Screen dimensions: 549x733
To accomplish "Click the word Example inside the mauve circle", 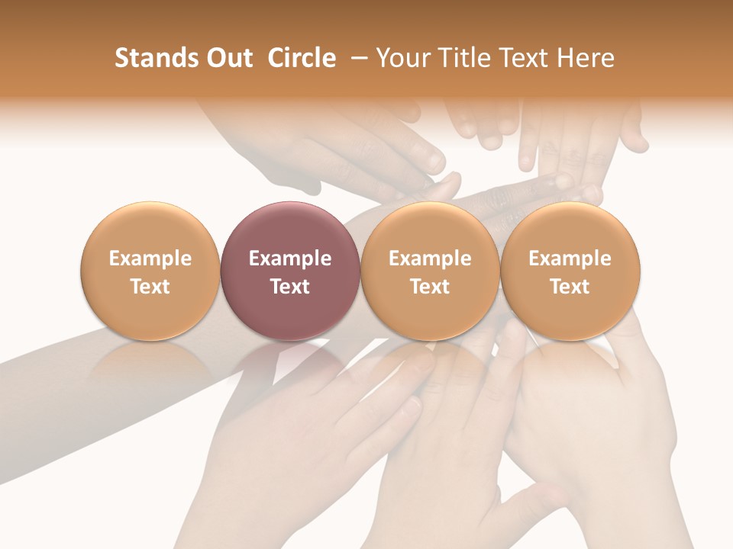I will tap(290, 258).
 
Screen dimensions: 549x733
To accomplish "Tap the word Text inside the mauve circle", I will tap(290, 287).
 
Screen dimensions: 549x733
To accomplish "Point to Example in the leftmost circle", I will tap(150, 258).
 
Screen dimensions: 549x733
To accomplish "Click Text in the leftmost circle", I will tap(150, 287).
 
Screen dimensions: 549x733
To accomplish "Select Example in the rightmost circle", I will tap(570, 258).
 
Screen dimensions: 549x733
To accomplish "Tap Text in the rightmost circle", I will tap(570, 287).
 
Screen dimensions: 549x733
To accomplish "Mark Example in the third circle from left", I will tap(430, 258).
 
